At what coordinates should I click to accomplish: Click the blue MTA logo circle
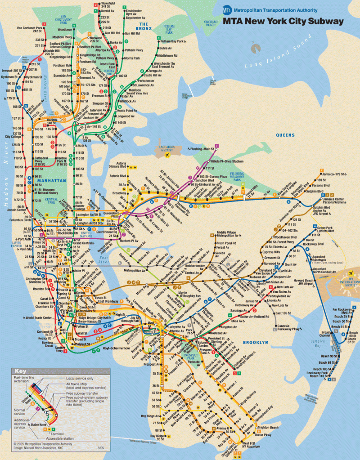coord(227,10)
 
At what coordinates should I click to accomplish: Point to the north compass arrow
coord(255,45)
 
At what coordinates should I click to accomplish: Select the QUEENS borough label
coord(285,135)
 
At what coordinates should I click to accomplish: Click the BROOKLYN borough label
coord(255,342)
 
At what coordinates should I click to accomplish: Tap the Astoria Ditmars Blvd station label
coord(117,167)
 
